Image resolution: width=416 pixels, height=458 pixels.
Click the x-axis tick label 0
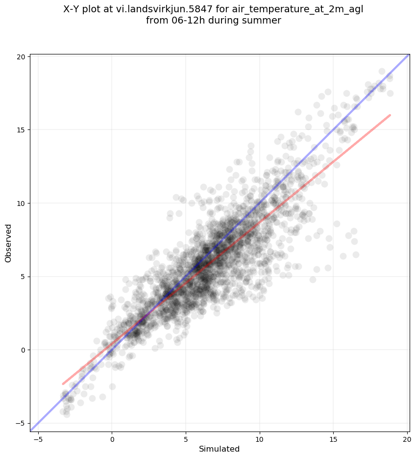[x=112, y=439]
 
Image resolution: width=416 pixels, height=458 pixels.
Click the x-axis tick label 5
[x=186, y=439]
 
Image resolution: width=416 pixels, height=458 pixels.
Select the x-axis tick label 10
[x=260, y=439]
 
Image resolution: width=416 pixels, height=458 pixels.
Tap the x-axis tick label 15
[x=333, y=439]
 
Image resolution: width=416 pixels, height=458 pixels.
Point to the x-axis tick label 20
[x=408, y=439]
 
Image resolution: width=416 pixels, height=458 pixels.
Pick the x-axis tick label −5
[x=38, y=439]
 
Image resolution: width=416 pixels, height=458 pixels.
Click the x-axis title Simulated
[x=219, y=449]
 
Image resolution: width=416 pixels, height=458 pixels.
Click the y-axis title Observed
[x=8, y=243]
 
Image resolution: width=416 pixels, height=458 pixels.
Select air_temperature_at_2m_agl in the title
[x=298, y=10]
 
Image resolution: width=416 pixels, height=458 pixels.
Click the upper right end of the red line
[x=390, y=115]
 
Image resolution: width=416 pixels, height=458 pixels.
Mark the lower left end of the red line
[x=63, y=384]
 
